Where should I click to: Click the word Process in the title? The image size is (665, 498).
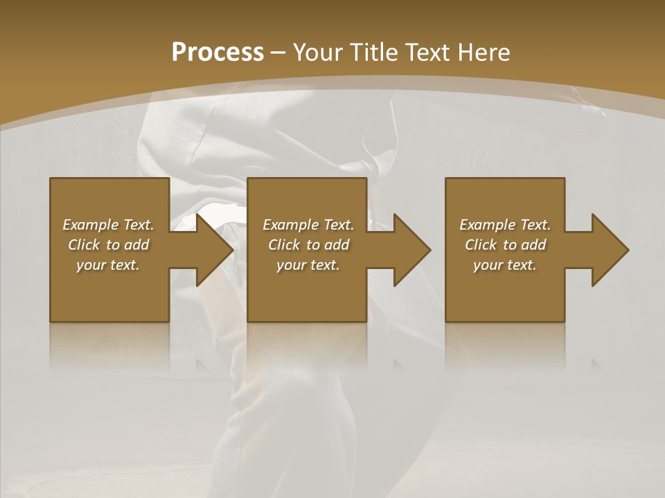[x=218, y=53]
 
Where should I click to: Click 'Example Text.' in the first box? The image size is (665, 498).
[x=108, y=225]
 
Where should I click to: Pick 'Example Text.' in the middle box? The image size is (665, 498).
[x=308, y=225]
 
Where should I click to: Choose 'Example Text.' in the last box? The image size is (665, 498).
[x=505, y=225]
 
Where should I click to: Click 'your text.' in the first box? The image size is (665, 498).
[x=108, y=265]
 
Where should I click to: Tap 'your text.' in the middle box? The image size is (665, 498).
[x=308, y=265]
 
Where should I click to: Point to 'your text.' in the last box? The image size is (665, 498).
[x=505, y=265]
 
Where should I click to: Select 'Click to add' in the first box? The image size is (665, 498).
[x=108, y=245]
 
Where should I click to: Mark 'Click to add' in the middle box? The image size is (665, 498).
[x=308, y=245]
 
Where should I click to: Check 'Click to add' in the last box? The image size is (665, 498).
[x=505, y=245]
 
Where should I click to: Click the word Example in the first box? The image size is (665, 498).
[x=90, y=225]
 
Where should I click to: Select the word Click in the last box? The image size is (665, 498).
[x=481, y=245]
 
